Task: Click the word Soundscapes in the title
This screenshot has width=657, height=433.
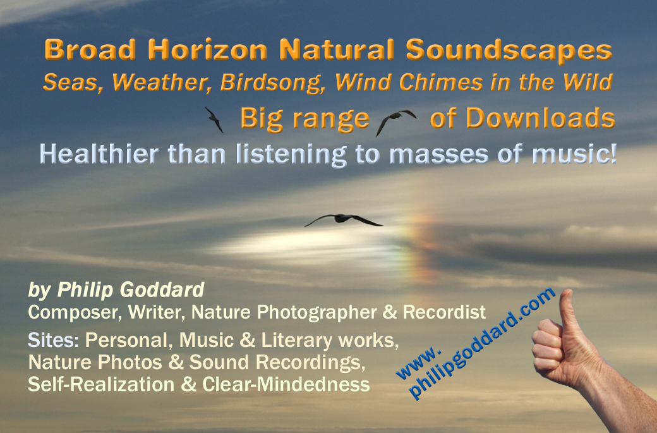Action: [509, 51]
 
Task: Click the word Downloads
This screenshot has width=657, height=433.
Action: [541, 118]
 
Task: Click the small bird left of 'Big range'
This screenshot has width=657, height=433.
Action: [214, 120]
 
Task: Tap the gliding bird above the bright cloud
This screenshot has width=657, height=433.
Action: [343, 219]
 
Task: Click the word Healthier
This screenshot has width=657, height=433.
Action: [99, 154]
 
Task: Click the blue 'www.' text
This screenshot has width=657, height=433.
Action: [418, 362]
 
